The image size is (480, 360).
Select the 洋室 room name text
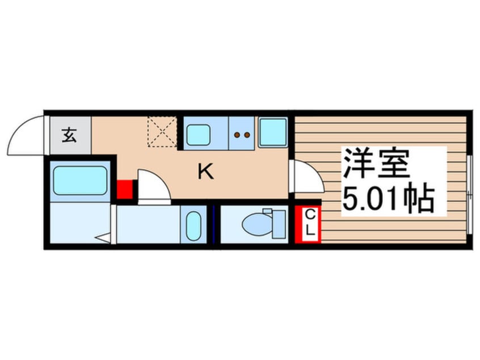375,164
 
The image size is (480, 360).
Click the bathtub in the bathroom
81,181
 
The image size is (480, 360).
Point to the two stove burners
242,135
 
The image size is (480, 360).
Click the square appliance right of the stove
273,132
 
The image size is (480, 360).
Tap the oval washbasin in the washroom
193,227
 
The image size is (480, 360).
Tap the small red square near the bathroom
125,189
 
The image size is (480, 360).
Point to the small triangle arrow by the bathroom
103,238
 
